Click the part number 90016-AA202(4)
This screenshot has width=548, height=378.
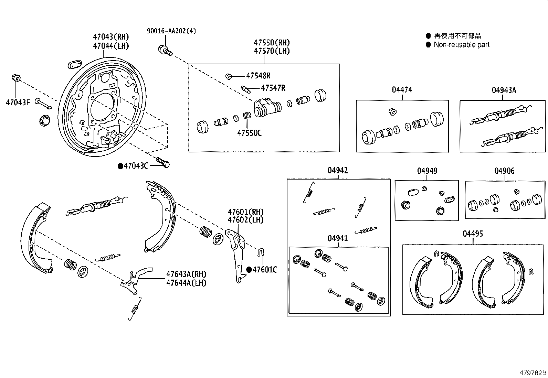[x=171, y=31]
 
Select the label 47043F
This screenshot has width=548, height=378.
[x=18, y=102]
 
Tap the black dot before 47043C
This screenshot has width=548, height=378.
[x=120, y=166]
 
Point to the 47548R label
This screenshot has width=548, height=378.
[x=258, y=76]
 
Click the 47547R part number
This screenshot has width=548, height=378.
[x=273, y=88]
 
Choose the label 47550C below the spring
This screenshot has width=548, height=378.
[x=249, y=133]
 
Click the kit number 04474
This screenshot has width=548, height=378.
[x=402, y=90]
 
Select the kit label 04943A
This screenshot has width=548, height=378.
[x=504, y=90]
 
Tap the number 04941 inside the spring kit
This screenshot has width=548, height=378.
[x=337, y=238]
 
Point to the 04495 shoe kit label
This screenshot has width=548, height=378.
[x=473, y=234]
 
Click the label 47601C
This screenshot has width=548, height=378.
[x=264, y=270]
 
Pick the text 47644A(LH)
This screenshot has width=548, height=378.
[x=186, y=283]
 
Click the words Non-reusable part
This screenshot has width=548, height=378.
[x=461, y=45]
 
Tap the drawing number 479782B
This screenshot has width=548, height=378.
[x=533, y=373]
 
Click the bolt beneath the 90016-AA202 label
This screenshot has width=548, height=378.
[x=165, y=51]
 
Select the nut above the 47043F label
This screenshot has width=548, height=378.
[x=15, y=77]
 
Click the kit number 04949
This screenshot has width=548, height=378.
[x=427, y=171]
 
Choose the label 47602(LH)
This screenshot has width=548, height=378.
[x=245, y=220]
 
